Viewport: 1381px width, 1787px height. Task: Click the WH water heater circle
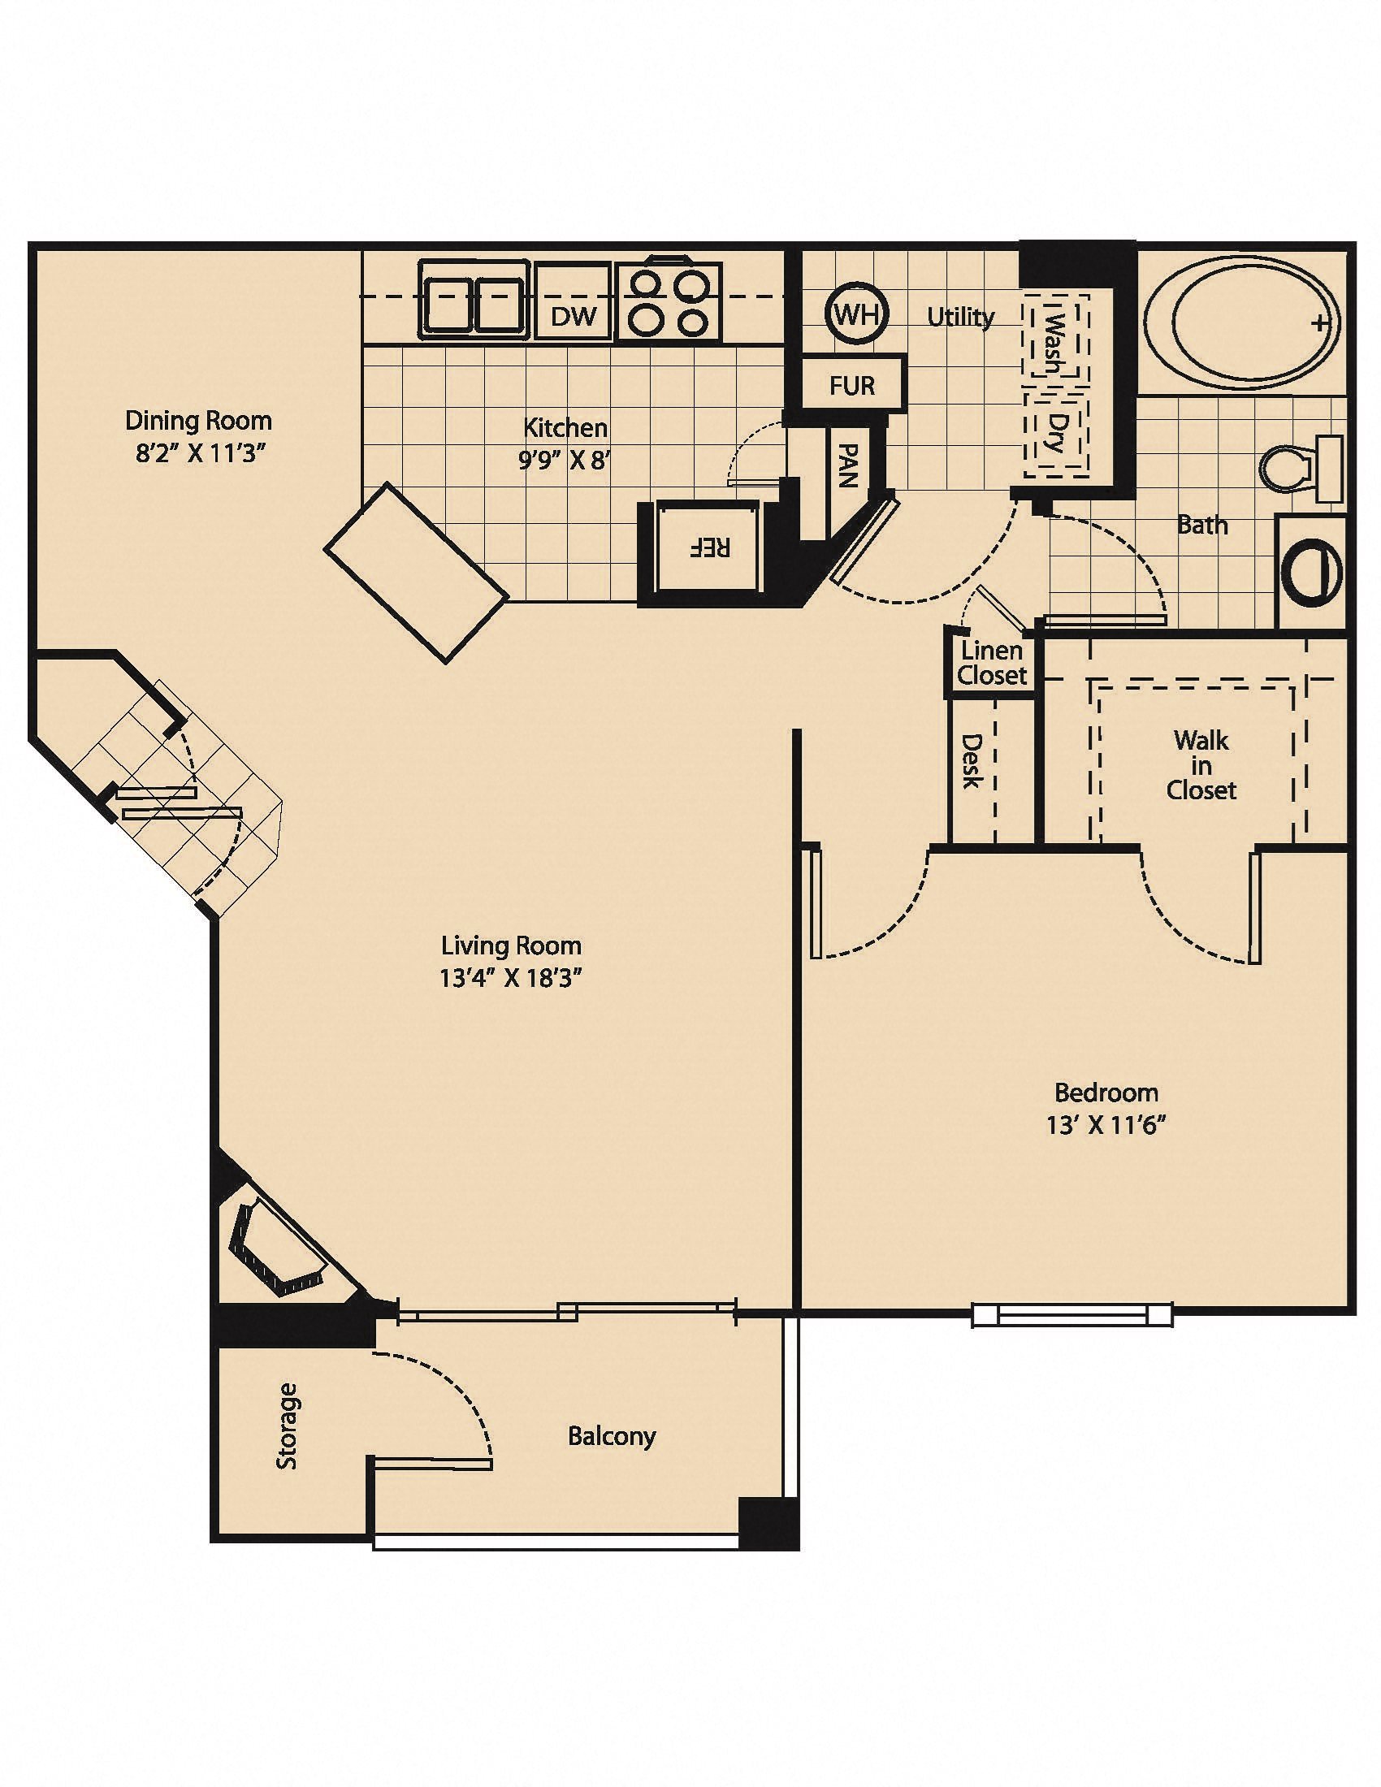point(855,315)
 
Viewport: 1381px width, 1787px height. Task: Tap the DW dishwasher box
point(574,316)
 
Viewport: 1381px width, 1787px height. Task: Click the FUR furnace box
point(852,384)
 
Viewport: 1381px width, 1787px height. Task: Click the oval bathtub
point(1240,323)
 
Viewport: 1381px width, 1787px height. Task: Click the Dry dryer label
point(1057,434)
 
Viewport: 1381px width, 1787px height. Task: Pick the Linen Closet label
point(992,663)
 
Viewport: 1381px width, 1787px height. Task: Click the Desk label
point(971,761)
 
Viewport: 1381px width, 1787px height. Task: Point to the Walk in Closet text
point(1201,765)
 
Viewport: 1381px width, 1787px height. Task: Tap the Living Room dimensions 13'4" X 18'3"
point(510,979)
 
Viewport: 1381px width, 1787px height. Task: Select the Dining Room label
point(198,421)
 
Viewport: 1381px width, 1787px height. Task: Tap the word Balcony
point(612,1435)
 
